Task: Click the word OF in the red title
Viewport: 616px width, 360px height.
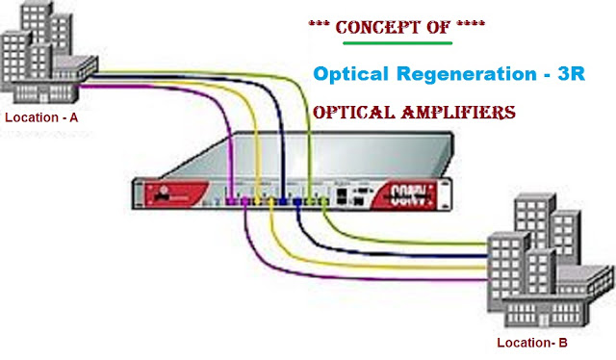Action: coord(437,27)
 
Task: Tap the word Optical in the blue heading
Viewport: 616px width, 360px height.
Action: coord(349,75)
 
